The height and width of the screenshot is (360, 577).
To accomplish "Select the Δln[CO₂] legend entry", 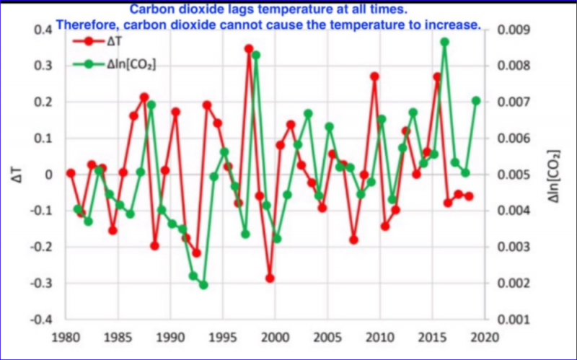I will pos(130,63).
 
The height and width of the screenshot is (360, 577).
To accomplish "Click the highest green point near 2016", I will pos(445,42).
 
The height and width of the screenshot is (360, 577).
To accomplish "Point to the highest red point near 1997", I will pos(249,49).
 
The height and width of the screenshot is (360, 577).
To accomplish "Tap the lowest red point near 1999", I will pos(270,278).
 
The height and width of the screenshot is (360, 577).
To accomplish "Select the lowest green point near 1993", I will pos(203,285).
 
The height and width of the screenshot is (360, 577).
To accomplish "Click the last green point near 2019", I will pos(476,101).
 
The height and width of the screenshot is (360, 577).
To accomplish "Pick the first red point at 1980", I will pos(71,173).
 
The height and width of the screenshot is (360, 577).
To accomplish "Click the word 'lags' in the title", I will pos(258,10).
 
